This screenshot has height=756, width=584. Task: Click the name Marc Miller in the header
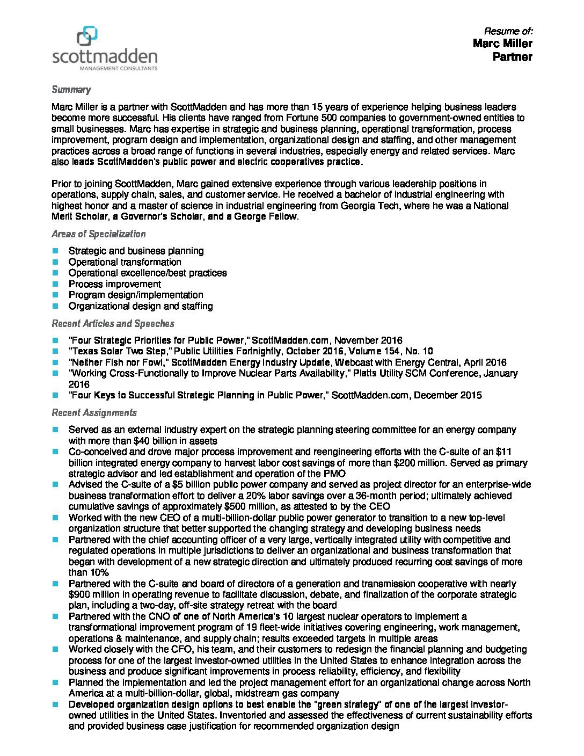(x=502, y=43)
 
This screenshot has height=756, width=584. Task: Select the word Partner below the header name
(x=512, y=57)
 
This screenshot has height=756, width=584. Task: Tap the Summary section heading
(x=71, y=90)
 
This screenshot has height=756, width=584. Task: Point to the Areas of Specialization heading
(x=98, y=234)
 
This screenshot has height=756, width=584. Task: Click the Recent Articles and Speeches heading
(x=113, y=324)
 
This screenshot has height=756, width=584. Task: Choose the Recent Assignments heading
(x=94, y=413)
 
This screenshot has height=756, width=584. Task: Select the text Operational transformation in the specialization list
(x=125, y=262)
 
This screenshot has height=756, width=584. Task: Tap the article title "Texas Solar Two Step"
(x=118, y=352)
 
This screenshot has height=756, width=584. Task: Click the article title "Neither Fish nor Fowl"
(x=118, y=362)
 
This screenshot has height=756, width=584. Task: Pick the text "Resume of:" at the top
(x=508, y=31)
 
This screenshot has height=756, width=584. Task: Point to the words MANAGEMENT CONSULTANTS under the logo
(x=118, y=69)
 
